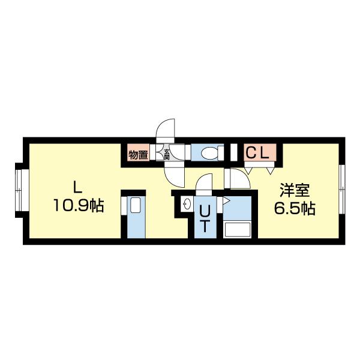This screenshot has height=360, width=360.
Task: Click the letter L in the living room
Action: [76, 185]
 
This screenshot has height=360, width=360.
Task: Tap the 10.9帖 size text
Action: [78, 206]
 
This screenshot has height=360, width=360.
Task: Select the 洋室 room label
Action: [294, 191]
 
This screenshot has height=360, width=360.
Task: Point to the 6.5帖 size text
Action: [294, 209]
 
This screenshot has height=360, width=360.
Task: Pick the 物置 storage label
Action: [138, 155]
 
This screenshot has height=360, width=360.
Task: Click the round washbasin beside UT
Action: [186, 202]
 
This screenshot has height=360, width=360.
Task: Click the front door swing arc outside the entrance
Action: [164, 130]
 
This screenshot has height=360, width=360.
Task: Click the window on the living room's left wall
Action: [19, 191]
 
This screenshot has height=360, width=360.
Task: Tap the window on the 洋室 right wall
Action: [341, 188]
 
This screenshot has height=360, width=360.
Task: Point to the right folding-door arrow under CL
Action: [265, 170]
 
